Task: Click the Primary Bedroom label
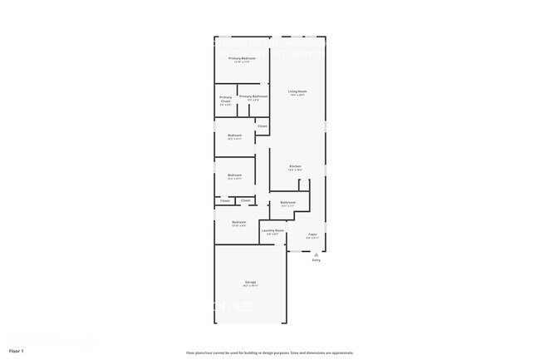coord(242,58)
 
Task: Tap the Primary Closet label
coord(226,100)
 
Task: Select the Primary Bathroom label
coord(253,96)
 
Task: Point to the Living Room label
coord(297,91)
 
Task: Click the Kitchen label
coord(295,167)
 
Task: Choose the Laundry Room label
coord(273,230)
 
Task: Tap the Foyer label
coord(313,234)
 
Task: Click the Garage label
coord(250,283)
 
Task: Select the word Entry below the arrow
coord(316,260)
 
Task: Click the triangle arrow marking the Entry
coord(316,254)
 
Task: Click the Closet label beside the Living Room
coord(262,126)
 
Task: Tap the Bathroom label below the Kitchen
coord(288,203)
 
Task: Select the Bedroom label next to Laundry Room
coord(238,222)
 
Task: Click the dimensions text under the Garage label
coord(250,286)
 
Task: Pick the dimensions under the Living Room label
coord(297,95)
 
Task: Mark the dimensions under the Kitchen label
coord(295,170)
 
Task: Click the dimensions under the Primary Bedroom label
coord(242,62)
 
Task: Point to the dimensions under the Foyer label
coord(313,238)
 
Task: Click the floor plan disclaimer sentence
coord(270,353)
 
